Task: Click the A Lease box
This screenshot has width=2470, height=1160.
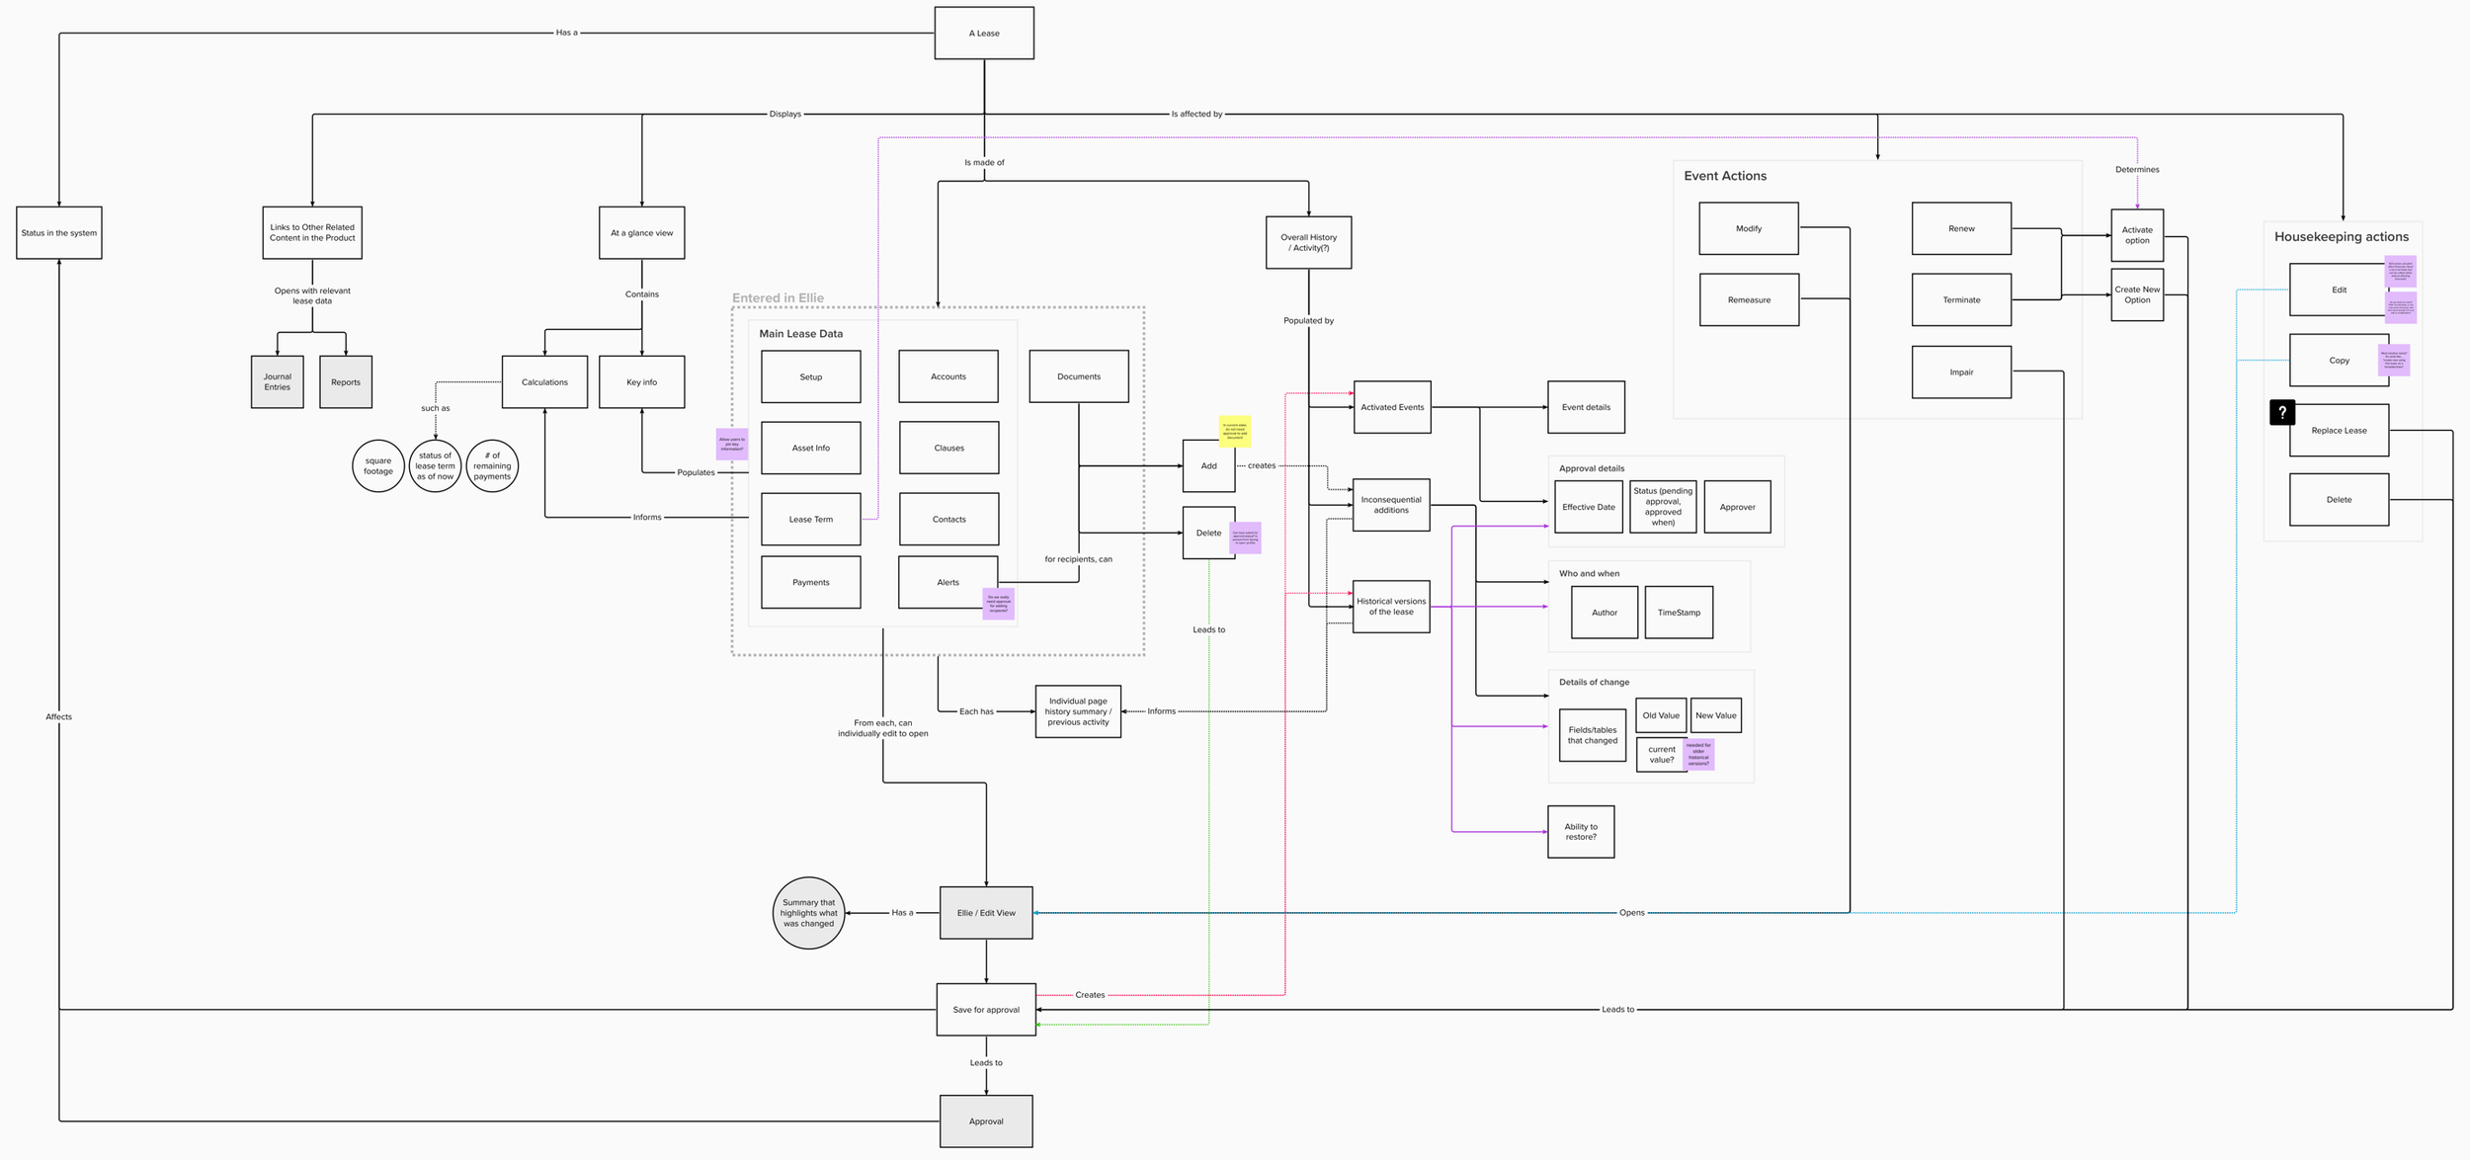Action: pyautogui.click(x=984, y=34)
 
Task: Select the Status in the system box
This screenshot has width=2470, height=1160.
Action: pyautogui.click(x=59, y=233)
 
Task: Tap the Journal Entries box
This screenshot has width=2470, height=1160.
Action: pyautogui.click(x=278, y=382)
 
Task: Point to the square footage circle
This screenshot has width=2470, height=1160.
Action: pyautogui.click(x=378, y=466)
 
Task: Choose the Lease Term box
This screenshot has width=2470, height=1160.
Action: pyautogui.click(x=810, y=520)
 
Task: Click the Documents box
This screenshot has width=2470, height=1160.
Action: pyautogui.click(x=1079, y=376)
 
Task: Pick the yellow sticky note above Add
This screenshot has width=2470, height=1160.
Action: pyautogui.click(x=1234, y=431)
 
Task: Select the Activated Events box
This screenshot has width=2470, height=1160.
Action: pyautogui.click(x=1392, y=407)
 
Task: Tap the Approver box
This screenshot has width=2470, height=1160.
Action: pyautogui.click(x=1737, y=508)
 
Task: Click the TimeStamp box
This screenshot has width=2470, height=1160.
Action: pyautogui.click(x=1679, y=613)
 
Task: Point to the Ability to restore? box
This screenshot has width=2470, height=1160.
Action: pyautogui.click(x=1581, y=832)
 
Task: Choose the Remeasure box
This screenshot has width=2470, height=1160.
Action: pyautogui.click(x=1749, y=300)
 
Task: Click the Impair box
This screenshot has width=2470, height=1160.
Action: pyautogui.click(x=1961, y=373)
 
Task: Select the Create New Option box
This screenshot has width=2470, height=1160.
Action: pyautogui.click(x=2137, y=295)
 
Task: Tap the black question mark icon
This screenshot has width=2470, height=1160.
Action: pyautogui.click(x=2282, y=412)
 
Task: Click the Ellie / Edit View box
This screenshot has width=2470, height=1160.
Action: pyautogui.click(x=986, y=913)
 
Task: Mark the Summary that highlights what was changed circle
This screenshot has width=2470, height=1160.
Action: pyautogui.click(x=808, y=913)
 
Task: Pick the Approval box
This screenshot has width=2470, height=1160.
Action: pyautogui.click(x=986, y=1121)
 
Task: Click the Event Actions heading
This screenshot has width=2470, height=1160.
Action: pyautogui.click(x=1725, y=176)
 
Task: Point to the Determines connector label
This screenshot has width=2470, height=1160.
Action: pyautogui.click(x=2137, y=170)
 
